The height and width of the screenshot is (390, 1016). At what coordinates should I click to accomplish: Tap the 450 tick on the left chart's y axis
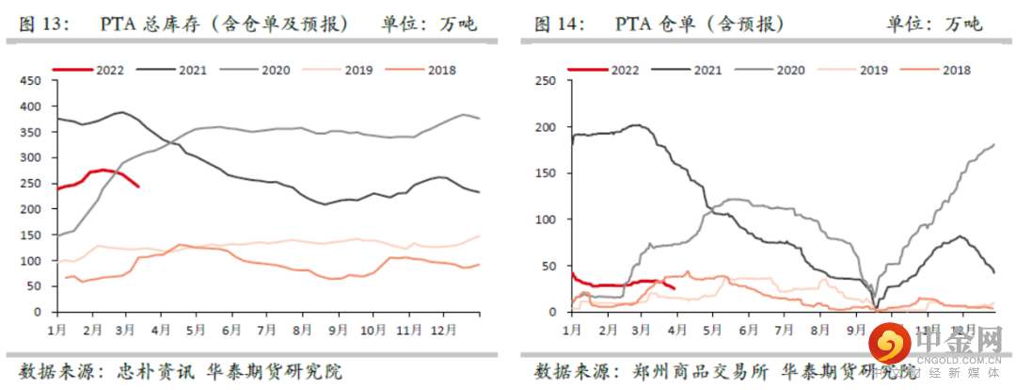tap(32, 81)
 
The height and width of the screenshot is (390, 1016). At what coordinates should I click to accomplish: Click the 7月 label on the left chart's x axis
tap(267, 331)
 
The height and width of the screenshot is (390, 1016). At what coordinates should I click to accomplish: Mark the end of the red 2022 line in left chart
tap(138, 187)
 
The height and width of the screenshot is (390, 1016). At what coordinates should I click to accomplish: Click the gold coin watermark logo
tap(887, 343)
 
